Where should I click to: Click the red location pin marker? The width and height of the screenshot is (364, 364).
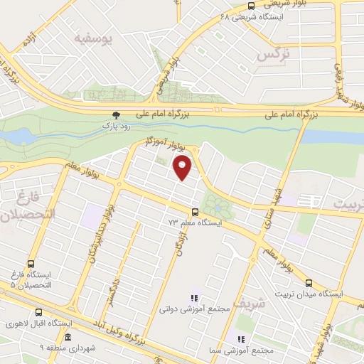click(x=183, y=168)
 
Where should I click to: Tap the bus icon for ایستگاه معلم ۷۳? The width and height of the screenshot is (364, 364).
click(x=196, y=211)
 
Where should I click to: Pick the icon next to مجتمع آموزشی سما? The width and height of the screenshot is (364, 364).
click(x=241, y=339)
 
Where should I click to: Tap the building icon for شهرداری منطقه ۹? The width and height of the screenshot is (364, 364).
click(x=68, y=337)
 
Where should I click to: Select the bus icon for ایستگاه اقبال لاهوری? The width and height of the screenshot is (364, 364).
click(x=38, y=311)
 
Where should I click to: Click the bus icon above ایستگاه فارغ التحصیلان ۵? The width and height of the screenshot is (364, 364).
click(x=30, y=262)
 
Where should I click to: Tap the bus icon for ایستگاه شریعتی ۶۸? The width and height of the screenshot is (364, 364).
click(x=242, y=6)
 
